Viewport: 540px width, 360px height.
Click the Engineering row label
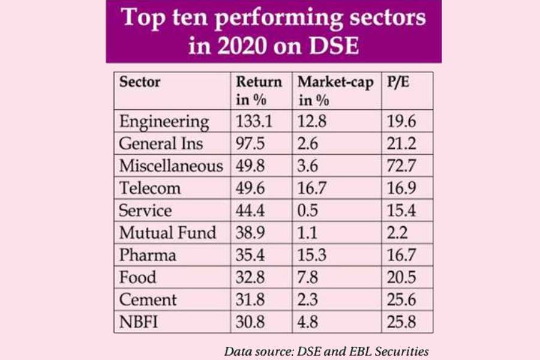(164, 122)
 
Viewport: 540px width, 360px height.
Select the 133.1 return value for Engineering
(254, 122)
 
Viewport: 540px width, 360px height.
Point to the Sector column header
(140, 82)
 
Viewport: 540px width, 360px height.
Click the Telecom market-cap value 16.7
(313, 188)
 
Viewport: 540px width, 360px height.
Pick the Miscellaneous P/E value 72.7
(401, 166)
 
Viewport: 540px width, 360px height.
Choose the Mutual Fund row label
(167, 232)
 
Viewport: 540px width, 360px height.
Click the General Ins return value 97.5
(252, 143)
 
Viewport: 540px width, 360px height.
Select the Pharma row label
(147, 254)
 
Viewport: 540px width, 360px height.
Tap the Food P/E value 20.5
(402, 277)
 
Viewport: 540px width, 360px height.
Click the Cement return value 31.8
(251, 299)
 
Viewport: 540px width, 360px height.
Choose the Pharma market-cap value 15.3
(313, 254)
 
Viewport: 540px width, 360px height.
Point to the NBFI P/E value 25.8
(402, 321)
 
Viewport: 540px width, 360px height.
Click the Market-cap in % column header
(335, 90)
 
